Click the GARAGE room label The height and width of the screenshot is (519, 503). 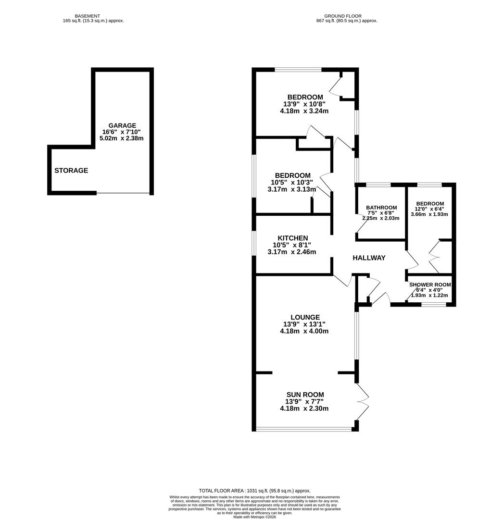point(122,125)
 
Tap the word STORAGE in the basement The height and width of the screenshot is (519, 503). point(71,171)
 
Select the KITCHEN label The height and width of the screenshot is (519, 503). point(292,238)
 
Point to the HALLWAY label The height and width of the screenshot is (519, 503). point(369,258)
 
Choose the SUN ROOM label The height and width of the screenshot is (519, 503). point(304,395)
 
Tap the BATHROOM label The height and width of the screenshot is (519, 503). point(381,208)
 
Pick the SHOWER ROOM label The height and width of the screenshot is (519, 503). point(430,284)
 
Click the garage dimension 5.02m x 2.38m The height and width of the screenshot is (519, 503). point(122,138)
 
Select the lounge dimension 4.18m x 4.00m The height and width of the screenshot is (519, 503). point(304,331)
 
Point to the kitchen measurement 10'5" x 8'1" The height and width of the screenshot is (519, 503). point(292,245)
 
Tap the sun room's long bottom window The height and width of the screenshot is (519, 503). point(304,429)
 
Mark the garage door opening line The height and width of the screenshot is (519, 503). point(123,193)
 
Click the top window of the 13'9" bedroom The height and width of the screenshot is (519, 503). point(298,70)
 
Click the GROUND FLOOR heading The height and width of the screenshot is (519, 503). point(342,16)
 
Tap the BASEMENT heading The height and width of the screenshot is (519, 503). point(87,16)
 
